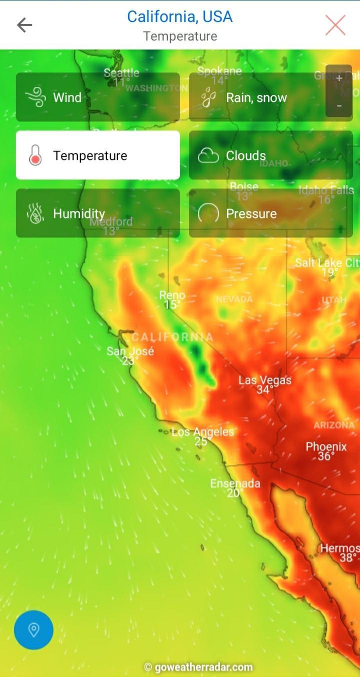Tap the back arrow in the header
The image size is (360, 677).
24,24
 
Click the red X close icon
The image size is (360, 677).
335,24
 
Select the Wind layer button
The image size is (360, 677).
97,97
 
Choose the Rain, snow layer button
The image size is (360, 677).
270,97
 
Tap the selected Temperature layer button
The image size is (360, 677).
97,155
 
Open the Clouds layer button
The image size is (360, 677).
270,155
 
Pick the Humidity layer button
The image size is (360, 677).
97,213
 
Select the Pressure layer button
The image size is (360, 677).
270,213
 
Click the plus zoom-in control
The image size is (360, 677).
339,78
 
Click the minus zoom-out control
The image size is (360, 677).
339,105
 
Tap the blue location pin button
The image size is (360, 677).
33,629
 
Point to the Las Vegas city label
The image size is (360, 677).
264,380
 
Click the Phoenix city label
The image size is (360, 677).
326,446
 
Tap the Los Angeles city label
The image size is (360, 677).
202,431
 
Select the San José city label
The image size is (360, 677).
130,351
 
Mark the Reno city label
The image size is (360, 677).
172,295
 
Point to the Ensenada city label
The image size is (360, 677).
235,483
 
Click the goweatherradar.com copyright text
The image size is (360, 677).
198,667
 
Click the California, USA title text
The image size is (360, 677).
179,16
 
